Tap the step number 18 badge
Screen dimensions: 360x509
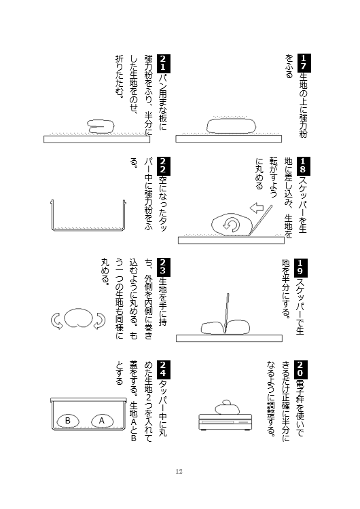coord(303,166)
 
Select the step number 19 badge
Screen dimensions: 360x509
coord(300,268)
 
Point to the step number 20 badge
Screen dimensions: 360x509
coord(300,370)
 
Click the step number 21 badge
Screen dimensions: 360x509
coord(164,63)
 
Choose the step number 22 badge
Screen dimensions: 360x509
coord(164,166)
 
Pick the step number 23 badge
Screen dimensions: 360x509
coord(164,267)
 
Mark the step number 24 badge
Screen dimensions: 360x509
coord(164,370)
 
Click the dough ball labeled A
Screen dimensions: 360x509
coord(102,421)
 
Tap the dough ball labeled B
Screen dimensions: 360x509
coord(68,421)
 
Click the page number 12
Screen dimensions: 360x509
coord(179,472)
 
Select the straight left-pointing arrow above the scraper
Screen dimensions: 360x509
coord(256,208)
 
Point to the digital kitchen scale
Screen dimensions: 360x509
coord(226,421)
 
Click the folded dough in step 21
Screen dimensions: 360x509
coord(101,127)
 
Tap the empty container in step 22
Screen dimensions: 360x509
coord(88,216)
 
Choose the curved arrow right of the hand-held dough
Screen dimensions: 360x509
coord(99,321)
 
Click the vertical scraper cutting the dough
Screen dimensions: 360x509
coord(226,314)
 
